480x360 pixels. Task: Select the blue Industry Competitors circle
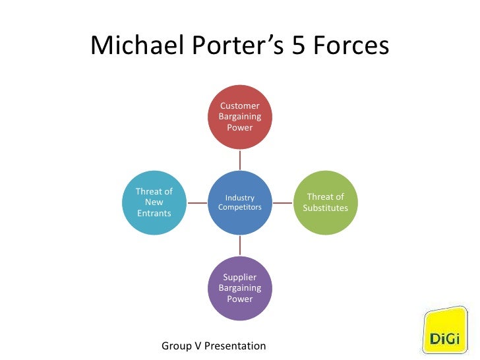[x=240, y=202]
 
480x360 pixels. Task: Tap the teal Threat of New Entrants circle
[x=154, y=202]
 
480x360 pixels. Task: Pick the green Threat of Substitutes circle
[x=326, y=202]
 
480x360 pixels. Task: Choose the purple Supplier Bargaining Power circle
[x=240, y=288]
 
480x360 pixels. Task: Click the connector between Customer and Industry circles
[x=240, y=160]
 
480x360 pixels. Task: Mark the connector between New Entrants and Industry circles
[x=197, y=202]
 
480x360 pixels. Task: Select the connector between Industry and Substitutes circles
[x=283, y=202]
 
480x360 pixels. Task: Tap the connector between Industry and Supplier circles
[x=240, y=245]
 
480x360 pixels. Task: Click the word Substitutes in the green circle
[x=326, y=208]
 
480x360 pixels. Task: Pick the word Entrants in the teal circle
[x=154, y=214]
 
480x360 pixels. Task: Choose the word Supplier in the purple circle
[x=240, y=277]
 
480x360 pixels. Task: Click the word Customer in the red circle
[x=240, y=105]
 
